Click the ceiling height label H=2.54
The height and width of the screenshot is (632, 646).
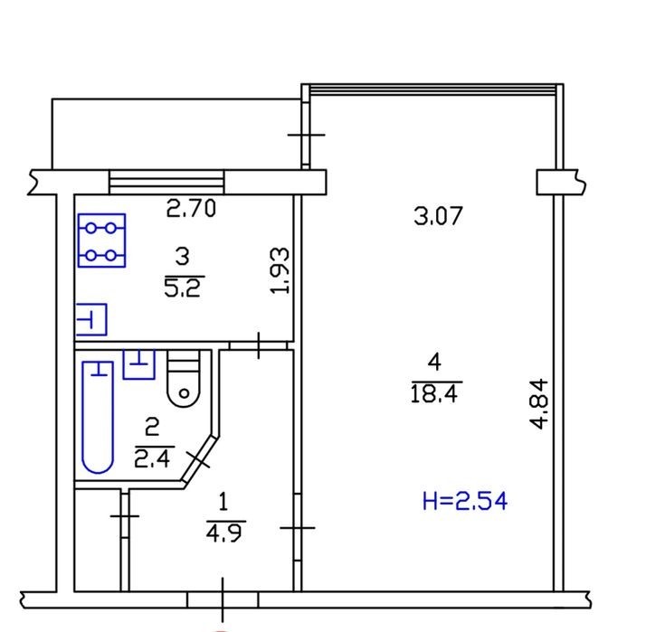(x=465, y=501)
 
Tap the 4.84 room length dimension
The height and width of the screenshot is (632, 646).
(x=539, y=404)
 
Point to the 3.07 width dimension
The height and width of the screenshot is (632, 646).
(x=438, y=216)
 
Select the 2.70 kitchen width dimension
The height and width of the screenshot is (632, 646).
(x=191, y=208)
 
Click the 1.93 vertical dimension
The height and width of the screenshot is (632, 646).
(x=280, y=270)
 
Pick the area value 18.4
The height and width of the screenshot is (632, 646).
(x=434, y=393)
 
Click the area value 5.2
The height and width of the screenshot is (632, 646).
(x=182, y=287)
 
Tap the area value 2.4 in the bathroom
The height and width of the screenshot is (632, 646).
(x=152, y=457)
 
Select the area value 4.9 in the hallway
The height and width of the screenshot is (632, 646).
(x=223, y=533)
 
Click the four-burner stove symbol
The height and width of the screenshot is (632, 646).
(x=101, y=241)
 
